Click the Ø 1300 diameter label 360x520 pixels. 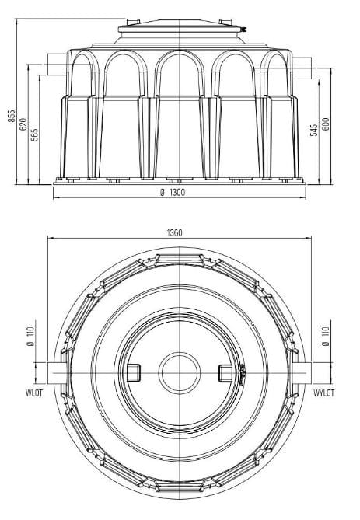pos(180,191)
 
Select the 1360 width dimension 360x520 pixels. pos(180,231)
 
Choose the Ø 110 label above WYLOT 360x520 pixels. pos(327,338)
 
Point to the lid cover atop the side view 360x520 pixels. pos(180,30)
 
